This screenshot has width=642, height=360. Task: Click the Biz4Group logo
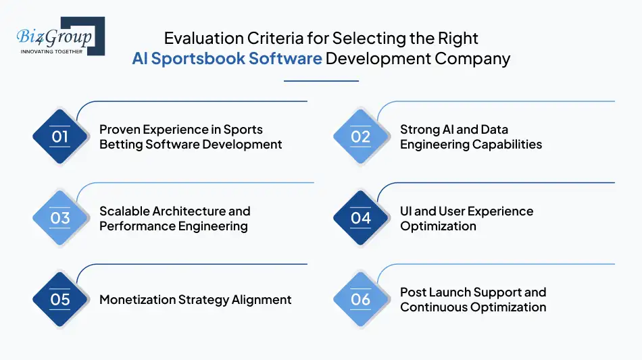[59, 36]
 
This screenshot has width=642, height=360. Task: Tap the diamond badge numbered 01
[60, 136]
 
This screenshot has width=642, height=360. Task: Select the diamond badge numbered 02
[361, 136]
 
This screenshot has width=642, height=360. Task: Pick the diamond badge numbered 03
[60, 218]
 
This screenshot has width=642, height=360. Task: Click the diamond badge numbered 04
[361, 218]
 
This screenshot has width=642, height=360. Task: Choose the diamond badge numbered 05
[60, 299]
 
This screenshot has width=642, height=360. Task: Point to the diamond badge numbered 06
[361, 299]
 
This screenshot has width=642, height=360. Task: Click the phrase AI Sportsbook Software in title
[227, 58]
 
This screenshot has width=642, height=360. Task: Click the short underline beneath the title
[321, 81]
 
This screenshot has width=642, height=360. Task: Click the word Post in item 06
[413, 292]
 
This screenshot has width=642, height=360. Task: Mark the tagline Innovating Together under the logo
[52, 51]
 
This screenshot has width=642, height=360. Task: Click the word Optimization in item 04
[438, 226]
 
